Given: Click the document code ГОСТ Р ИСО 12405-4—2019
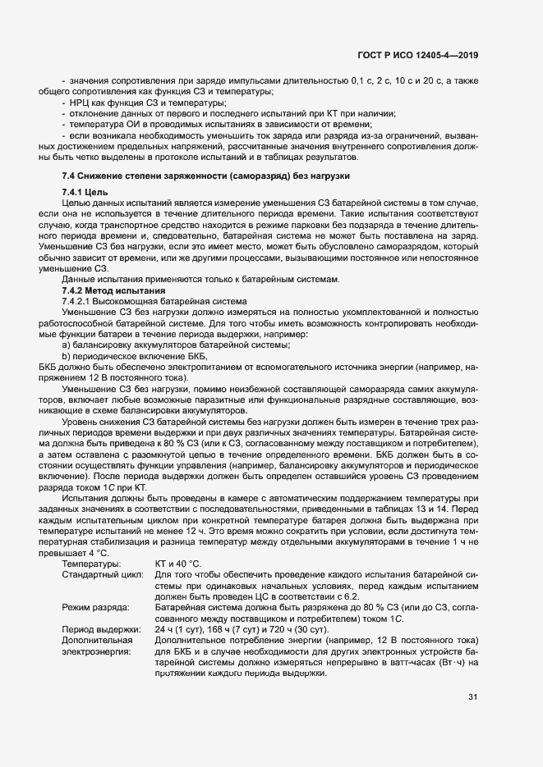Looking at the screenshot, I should tap(417, 55).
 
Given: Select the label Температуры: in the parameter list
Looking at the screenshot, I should tap(91, 564).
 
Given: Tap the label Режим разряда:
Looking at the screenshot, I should tap(95, 606).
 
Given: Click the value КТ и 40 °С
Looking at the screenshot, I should tap(177, 564).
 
